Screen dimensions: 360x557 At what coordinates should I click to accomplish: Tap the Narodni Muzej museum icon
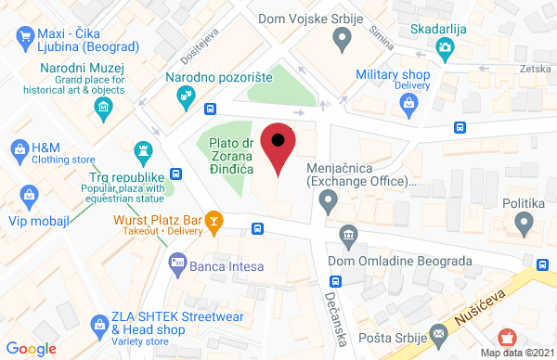coord(103,109)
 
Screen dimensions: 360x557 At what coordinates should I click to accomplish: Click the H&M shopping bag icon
coord(18,148)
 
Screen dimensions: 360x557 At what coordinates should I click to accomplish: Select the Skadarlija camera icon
coord(447,46)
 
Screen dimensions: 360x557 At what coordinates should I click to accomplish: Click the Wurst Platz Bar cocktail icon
coord(214,220)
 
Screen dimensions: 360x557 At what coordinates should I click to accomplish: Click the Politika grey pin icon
coord(525,222)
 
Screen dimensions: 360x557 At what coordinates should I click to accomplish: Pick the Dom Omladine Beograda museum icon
coord(349,236)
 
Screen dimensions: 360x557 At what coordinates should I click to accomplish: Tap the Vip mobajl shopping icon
coord(29,195)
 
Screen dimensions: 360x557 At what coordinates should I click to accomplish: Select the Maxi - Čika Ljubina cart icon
coord(25,36)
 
